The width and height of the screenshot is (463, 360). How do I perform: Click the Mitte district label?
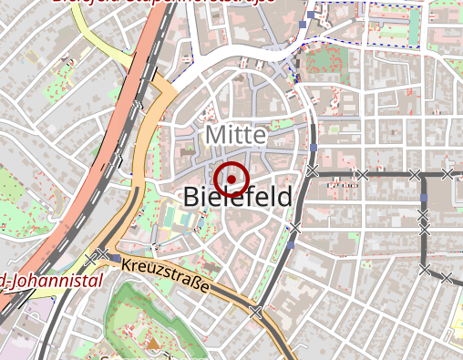point(236,135)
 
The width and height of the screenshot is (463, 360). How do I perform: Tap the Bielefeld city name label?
point(238,196)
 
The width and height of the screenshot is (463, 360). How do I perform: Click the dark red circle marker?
point(233,179)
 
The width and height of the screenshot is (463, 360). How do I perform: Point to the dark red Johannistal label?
point(53,281)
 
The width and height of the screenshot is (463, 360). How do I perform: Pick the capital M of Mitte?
point(215,135)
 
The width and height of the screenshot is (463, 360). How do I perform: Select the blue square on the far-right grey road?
point(424,198)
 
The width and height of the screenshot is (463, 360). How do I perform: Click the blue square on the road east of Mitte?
point(314,148)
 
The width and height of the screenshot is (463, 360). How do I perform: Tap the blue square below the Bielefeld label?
point(291,244)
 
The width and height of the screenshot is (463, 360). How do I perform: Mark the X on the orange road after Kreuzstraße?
point(256,312)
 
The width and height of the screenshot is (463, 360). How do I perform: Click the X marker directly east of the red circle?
point(313,171)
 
